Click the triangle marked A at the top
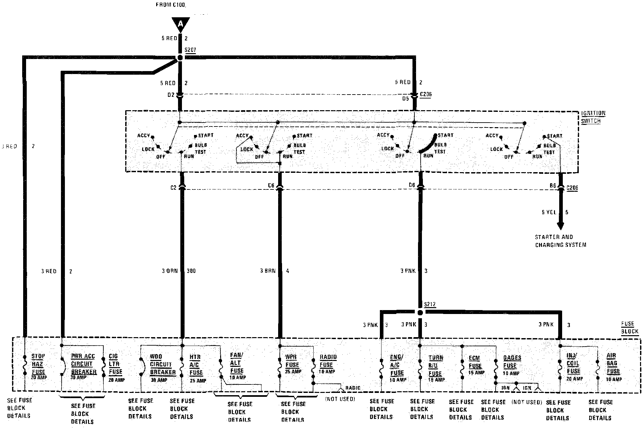[x=180, y=24]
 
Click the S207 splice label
[x=190, y=50]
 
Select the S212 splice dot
[x=420, y=312]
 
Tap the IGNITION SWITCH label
[x=593, y=117]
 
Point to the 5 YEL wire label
[x=549, y=212]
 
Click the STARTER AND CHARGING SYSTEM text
[x=560, y=241]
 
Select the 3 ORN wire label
[x=170, y=271]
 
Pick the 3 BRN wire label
[x=268, y=271]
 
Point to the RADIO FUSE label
[x=327, y=361]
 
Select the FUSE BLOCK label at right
[x=629, y=328]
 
